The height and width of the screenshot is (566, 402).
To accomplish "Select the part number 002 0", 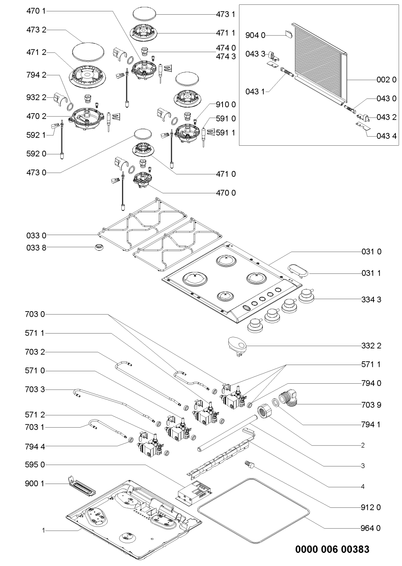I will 387,80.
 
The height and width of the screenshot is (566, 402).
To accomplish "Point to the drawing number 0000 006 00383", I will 332,550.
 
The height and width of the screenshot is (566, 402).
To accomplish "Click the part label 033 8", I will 37,248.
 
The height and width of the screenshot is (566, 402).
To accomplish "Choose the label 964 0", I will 371,528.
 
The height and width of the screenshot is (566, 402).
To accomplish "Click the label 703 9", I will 371,405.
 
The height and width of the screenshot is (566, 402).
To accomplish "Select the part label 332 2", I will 371,346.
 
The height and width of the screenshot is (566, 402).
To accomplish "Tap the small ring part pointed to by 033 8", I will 98,248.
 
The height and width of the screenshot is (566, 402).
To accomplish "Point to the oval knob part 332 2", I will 237,345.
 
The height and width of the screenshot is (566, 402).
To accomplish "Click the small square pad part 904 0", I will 288,34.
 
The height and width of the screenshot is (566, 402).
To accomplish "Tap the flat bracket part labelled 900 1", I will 81,485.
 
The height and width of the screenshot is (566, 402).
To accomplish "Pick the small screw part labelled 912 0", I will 249,465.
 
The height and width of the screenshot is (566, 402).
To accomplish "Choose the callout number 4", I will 363,487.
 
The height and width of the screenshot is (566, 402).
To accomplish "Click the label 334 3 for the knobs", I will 371,299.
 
